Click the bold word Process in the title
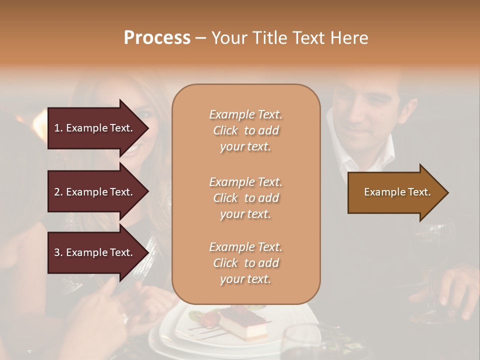click(157, 38)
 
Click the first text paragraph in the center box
click(245, 130)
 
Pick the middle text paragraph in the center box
click(245, 198)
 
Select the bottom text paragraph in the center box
click(245, 263)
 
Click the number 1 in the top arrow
click(56, 128)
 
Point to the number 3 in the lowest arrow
click(57, 252)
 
